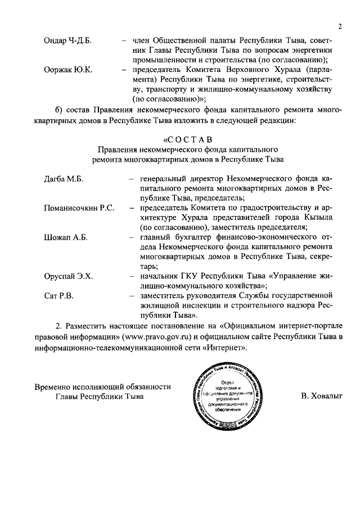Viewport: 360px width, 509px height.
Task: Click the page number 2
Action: [340, 26]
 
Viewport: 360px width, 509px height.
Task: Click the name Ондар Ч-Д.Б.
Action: [67, 41]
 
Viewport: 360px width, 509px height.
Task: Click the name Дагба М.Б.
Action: [64, 178]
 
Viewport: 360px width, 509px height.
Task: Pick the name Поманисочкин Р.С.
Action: [79, 208]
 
